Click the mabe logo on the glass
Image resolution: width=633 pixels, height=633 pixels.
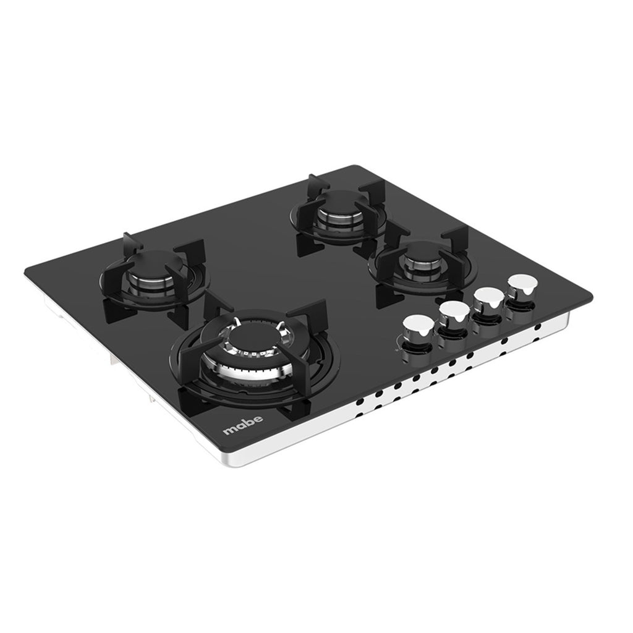pyautogui.click(x=243, y=425)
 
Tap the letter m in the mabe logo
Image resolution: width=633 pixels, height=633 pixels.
pyautogui.click(x=229, y=430)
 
